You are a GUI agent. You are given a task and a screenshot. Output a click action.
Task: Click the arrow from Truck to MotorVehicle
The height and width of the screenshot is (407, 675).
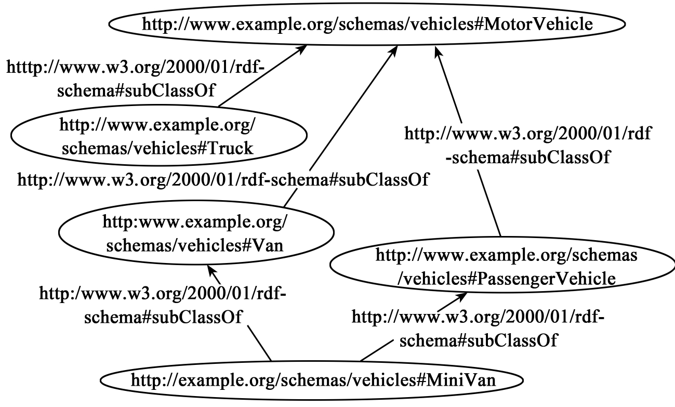click(260, 76)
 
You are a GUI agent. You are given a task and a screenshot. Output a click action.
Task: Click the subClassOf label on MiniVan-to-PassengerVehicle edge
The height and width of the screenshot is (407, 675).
click(478, 328)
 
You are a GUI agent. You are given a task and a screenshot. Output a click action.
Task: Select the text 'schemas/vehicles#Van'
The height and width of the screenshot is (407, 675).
click(195, 245)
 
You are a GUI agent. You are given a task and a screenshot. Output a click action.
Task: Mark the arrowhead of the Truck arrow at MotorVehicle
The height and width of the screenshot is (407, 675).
click(301, 48)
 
